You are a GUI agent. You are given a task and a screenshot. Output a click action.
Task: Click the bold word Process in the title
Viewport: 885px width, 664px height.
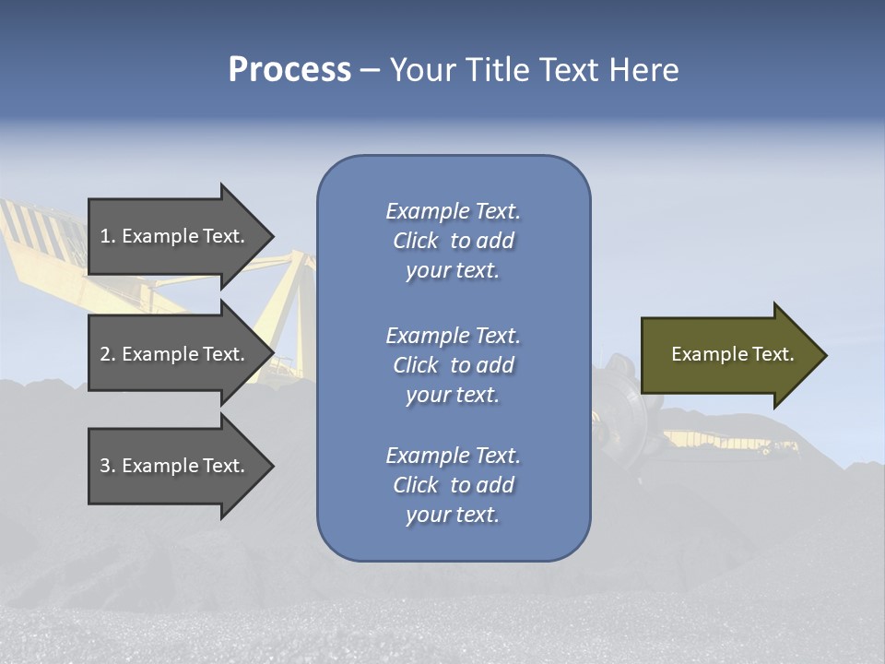click(289, 70)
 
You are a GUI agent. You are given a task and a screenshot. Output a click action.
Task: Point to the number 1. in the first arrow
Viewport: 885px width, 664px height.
click(108, 236)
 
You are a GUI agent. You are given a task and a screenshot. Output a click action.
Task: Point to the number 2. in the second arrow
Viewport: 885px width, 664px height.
click(108, 354)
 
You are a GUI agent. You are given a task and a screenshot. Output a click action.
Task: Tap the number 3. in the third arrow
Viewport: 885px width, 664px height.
click(108, 466)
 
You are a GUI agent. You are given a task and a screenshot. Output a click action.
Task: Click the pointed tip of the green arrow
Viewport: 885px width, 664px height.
click(823, 355)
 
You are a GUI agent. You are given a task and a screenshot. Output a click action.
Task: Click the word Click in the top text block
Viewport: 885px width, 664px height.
click(416, 241)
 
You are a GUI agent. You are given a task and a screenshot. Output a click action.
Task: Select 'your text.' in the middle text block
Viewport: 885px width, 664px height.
click(453, 395)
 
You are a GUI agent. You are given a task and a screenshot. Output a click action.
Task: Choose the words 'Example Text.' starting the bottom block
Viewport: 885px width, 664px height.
click(453, 456)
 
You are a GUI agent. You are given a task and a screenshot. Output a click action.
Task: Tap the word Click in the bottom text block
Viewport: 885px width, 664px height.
click(416, 485)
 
